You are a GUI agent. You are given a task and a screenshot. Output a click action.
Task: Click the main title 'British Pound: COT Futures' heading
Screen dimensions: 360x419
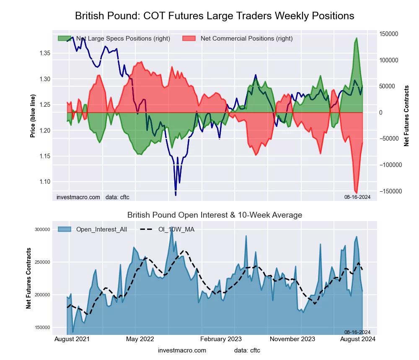(x=215, y=16)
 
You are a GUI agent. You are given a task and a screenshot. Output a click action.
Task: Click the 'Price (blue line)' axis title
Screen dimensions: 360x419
(x=33, y=116)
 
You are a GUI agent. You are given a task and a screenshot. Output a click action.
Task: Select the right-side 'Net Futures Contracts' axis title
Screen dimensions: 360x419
(x=406, y=116)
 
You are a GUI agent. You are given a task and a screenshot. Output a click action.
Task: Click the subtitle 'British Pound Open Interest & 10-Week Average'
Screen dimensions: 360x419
(x=215, y=215)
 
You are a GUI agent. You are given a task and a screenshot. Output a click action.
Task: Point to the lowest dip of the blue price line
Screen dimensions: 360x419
(x=176, y=195)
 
